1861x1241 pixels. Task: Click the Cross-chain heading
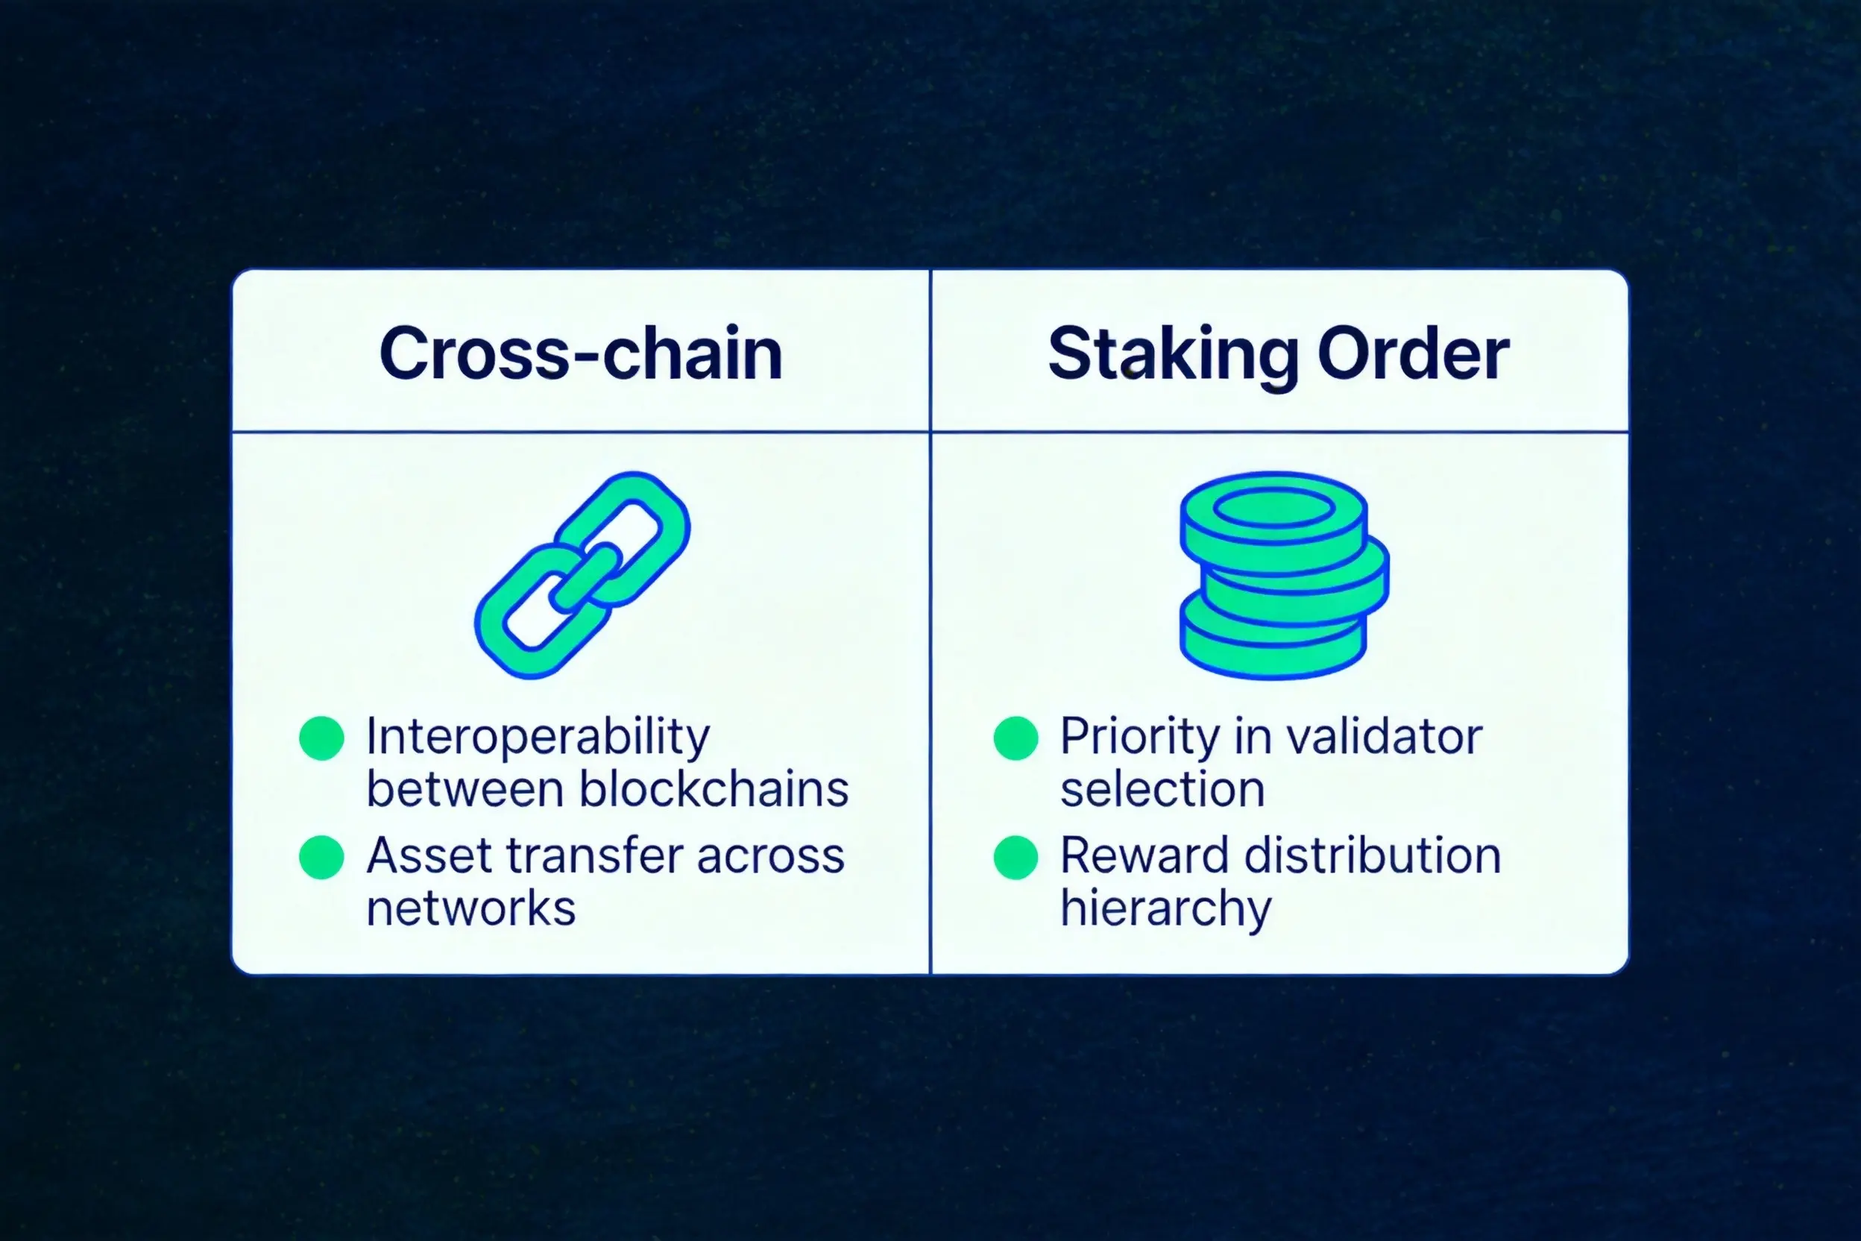click(x=581, y=353)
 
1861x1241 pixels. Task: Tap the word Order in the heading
click(x=1414, y=353)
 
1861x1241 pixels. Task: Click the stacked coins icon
click(x=1284, y=576)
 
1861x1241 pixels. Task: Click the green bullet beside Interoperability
click(x=321, y=738)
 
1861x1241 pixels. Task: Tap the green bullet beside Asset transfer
click(x=321, y=857)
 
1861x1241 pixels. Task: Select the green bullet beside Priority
click(x=1016, y=738)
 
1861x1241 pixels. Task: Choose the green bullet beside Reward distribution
click(x=1016, y=857)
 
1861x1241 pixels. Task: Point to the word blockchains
click(x=714, y=789)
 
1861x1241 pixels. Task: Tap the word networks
click(x=470, y=908)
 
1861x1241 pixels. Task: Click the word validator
click(x=1384, y=737)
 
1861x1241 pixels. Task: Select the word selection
click(x=1162, y=789)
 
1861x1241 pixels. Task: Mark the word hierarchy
click(x=1165, y=910)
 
